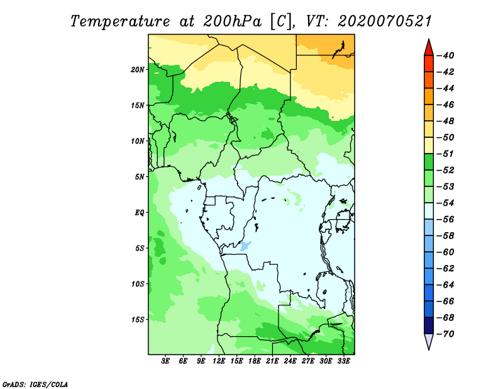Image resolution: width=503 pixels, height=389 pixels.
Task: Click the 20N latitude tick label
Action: (138, 70)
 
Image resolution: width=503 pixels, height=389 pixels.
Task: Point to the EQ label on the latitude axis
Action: (139, 213)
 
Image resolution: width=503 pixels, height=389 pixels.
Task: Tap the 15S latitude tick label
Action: (138, 320)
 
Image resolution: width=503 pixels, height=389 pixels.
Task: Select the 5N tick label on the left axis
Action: (140, 177)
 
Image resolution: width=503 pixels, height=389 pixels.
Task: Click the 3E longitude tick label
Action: (165, 361)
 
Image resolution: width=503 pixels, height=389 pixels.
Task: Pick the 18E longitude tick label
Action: (255, 361)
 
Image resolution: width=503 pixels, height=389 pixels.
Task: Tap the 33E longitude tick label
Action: (343, 361)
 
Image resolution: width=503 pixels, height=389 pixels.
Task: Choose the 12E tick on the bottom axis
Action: (219, 361)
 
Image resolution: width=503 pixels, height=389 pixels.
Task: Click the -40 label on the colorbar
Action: (446, 55)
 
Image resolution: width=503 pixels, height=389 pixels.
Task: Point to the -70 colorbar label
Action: (446, 334)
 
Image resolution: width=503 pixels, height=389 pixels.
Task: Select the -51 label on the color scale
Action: (446, 154)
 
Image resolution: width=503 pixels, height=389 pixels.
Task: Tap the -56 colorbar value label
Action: (446, 220)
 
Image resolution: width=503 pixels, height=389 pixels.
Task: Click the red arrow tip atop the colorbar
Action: (429, 39)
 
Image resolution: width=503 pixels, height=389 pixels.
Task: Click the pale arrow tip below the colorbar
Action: (429, 350)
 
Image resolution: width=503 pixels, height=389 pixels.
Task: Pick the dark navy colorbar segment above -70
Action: (429, 325)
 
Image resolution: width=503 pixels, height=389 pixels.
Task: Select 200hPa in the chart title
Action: (232, 21)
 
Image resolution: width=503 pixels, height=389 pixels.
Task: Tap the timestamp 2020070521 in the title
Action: (385, 21)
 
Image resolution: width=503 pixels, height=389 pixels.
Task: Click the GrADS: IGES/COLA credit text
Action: (35, 385)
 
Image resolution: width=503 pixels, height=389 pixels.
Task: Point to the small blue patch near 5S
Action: (245, 245)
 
